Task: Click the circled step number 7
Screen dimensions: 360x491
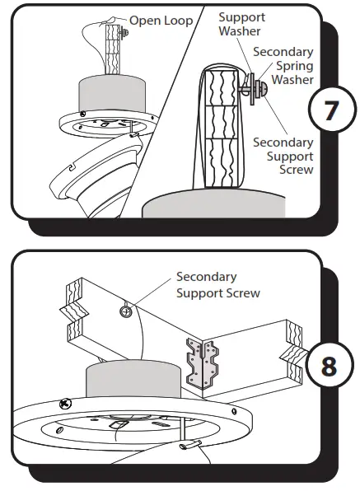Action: click(x=332, y=110)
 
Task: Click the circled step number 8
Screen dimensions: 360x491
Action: click(x=330, y=366)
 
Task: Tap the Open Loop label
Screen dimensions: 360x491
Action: click(x=161, y=21)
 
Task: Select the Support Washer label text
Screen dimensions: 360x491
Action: click(x=241, y=24)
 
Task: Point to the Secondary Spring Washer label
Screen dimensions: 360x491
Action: click(x=283, y=65)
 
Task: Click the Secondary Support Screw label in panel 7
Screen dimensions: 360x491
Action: click(x=283, y=156)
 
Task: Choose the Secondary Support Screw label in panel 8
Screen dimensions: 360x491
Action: click(x=217, y=285)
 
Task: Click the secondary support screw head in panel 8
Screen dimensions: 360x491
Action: click(x=126, y=311)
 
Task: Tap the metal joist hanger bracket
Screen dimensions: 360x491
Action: click(x=203, y=362)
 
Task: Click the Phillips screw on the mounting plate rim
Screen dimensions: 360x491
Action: click(x=65, y=404)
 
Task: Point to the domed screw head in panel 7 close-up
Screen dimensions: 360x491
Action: click(x=264, y=89)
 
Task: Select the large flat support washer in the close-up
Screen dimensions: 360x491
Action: click(x=251, y=89)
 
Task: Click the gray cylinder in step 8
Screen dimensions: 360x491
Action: click(x=133, y=380)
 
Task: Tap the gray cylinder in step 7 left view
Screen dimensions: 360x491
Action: click(x=112, y=93)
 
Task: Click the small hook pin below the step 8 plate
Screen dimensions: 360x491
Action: click(x=190, y=444)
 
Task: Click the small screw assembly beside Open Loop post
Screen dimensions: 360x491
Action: click(x=124, y=32)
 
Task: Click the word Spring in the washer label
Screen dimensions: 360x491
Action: click(x=294, y=66)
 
